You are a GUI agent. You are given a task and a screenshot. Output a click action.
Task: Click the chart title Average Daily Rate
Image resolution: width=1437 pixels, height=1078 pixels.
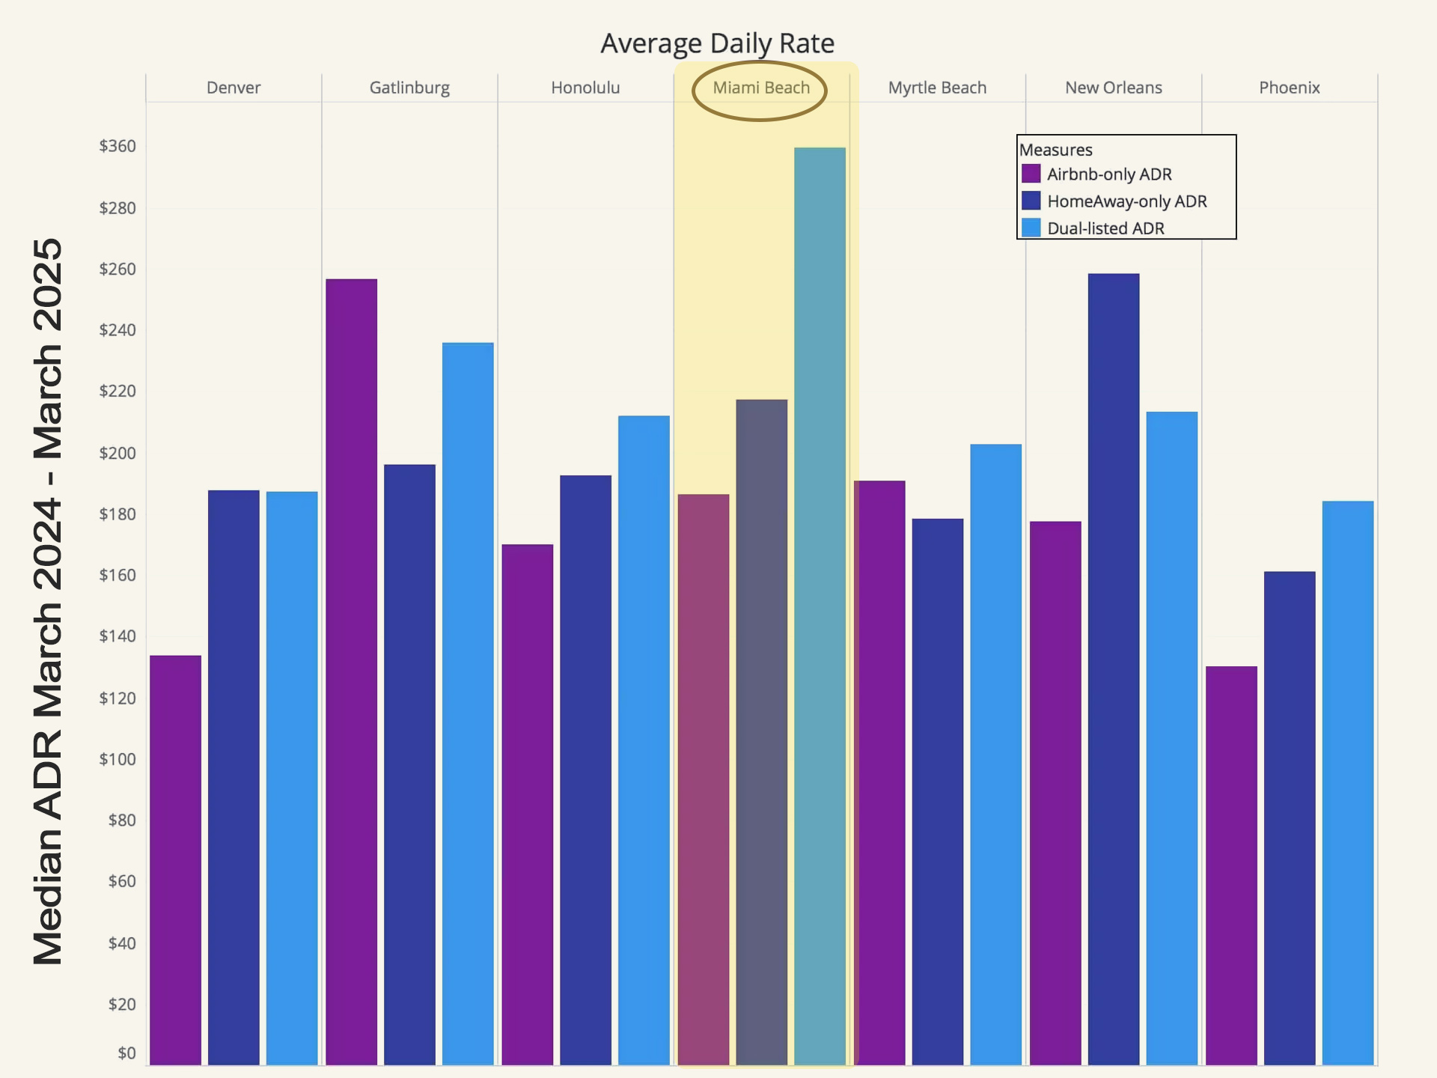pos(717,43)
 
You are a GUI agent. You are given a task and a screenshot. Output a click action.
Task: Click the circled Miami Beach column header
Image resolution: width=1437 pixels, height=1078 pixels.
pos(760,88)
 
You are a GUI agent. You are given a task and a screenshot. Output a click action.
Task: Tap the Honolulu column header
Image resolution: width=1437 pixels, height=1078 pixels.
pos(585,88)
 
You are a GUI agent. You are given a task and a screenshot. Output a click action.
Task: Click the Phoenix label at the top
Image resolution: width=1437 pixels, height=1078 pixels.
pos(1289,88)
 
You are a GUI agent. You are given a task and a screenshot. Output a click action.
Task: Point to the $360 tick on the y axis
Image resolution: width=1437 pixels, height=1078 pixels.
pos(118,146)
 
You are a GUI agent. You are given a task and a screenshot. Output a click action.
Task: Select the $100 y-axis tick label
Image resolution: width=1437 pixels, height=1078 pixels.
pos(118,759)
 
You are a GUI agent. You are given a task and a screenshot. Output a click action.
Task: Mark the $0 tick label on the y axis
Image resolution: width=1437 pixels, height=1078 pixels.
pos(126,1053)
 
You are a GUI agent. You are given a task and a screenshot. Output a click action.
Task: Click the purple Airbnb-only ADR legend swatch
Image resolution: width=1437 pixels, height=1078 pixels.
pos(1031,174)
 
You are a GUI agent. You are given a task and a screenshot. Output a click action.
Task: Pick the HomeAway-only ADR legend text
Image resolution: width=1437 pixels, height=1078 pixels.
pos(1126,201)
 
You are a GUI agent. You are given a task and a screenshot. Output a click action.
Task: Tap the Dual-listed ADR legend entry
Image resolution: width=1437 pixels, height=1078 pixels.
pos(1105,228)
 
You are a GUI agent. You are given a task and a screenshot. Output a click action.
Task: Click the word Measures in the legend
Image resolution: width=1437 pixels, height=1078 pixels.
pos(1055,150)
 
